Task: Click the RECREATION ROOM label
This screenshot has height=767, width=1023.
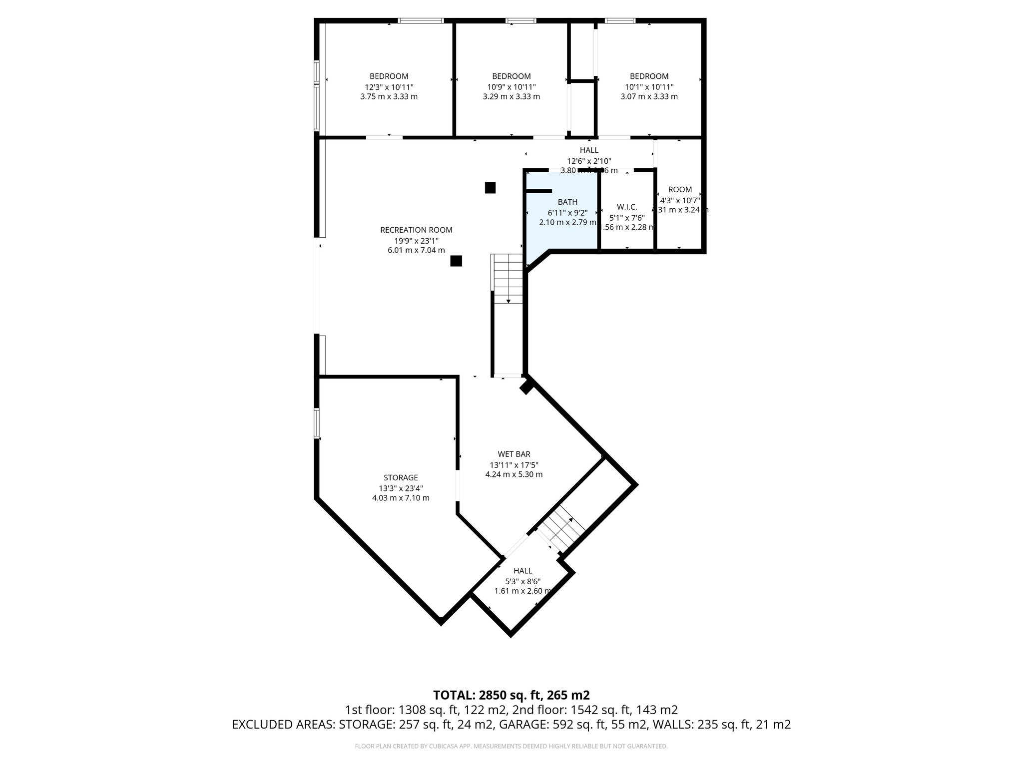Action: click(x=416, y=230)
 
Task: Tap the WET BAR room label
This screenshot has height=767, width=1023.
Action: click(x=513, y=454)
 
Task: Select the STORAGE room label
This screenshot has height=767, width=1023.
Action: click(x=401, y=478)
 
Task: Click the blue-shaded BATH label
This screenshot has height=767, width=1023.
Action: click(x=567, y=202)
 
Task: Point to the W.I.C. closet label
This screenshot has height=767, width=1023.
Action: click(x=627, y=207)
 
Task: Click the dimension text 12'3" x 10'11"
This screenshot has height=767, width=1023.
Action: click(x=389, y=87)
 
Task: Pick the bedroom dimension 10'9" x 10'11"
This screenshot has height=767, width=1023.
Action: click(x=511, y=87)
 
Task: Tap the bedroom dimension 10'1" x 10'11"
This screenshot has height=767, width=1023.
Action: click(x=649, y=87)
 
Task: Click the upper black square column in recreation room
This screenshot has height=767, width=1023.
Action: click(x=490, y=188)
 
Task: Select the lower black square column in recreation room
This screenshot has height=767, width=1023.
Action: click(x=456, y=261)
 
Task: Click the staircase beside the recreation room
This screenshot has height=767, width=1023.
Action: click(x=508, y=280)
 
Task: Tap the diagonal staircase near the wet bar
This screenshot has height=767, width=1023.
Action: click(x=563, y=529)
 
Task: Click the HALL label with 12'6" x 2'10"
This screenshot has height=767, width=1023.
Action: click(x=589, y=150)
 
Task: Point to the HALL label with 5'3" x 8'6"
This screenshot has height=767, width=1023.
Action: click(x=522, y=571)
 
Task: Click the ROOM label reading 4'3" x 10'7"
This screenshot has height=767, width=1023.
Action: click(x=680, y=190)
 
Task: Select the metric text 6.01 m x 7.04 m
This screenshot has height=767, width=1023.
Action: click(x=416, y=250)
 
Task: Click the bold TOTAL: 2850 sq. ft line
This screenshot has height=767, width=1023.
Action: click(x=511, y=695)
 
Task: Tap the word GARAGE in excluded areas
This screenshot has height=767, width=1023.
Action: click(x=521, y=725)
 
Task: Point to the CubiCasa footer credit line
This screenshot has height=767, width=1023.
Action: click(x=511, y=746)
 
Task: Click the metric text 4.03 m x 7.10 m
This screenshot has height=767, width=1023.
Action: click(x=401, y=498)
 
